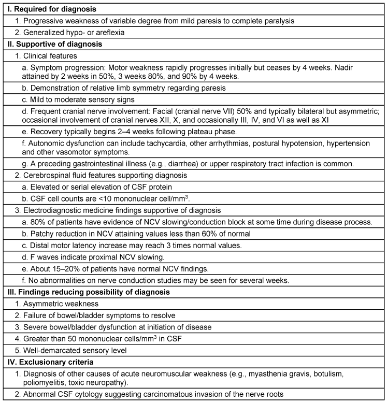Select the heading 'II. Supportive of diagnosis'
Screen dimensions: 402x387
tap(52, 44)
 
